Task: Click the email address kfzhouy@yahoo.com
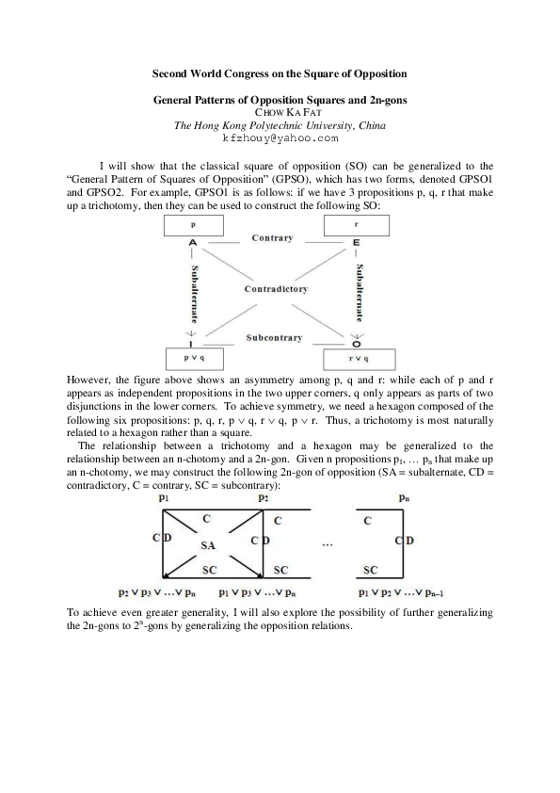point(280,138)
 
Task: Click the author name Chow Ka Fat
point(280,112)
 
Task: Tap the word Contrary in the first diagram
point(272,238)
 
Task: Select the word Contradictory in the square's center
point(276,289)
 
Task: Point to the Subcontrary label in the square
point(273,337)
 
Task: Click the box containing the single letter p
point(193,226)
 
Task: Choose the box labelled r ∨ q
point(359,359)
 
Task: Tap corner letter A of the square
point(193,242)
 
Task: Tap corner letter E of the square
point(357,242)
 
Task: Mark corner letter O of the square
point(357,344)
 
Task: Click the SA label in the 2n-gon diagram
point(209,545)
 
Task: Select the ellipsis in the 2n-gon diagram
point(327,544)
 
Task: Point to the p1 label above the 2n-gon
point(164,497)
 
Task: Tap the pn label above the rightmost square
point(403,497)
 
